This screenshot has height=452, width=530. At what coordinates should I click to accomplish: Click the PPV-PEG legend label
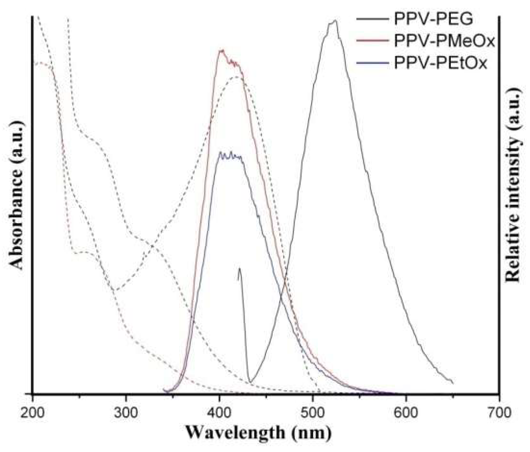433,19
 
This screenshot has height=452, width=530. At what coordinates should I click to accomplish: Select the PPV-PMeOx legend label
444,41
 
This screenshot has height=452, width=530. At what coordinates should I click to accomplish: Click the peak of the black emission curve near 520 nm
334,21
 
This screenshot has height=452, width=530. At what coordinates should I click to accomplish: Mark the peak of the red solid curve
222,50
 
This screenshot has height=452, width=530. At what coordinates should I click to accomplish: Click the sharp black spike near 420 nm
240,268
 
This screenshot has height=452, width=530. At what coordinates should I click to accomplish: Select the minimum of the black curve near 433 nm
250,382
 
